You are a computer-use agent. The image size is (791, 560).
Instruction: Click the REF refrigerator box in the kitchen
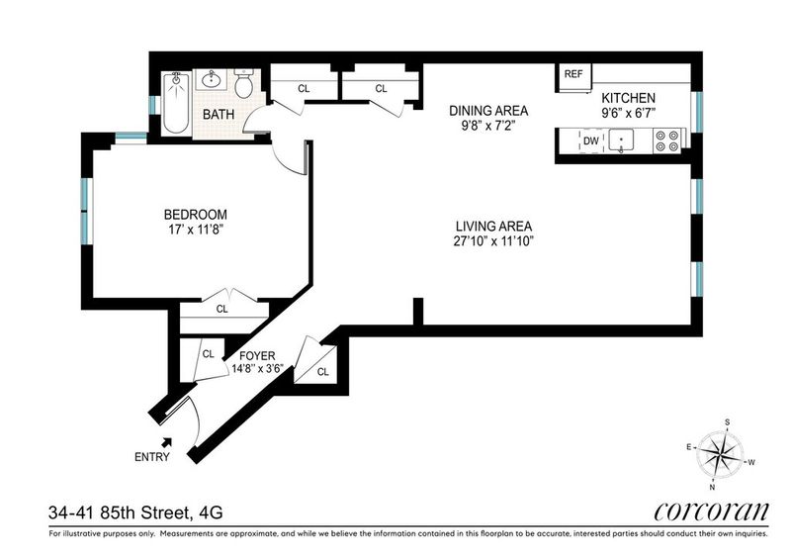[573, 77]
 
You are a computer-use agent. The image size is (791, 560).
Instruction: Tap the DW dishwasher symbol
[590, 140]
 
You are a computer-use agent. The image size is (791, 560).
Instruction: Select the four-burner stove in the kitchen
[668, 140]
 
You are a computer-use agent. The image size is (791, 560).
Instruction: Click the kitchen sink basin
[621, 140]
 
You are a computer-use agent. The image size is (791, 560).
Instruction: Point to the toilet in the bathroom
[243, 84]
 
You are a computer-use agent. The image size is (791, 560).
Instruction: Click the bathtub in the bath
[176, 103]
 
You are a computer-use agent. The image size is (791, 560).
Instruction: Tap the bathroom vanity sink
[211, 79]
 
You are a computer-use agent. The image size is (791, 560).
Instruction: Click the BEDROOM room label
[195, 215]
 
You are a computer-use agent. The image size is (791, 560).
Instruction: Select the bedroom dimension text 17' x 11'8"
[196, 230]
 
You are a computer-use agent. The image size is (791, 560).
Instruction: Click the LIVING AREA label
[493, 227]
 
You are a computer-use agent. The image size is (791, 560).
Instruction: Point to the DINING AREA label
[488, 110]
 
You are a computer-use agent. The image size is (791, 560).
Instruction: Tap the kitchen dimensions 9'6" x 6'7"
[628, 113]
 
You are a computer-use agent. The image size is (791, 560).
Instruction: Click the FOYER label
[257, 356]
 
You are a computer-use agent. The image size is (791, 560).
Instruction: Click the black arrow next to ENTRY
[166, 442]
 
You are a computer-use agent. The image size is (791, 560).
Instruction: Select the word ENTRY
[152, 457]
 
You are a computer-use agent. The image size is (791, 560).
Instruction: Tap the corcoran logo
[711, 513]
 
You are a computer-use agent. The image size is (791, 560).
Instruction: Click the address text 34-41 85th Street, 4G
[135, 513]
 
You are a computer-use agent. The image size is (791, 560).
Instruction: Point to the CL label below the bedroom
[221, 309]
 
